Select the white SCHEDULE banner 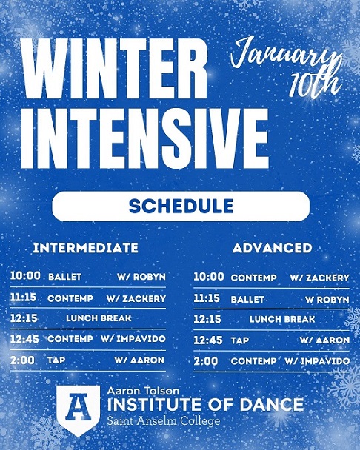tap(180, 206)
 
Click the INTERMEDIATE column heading tap(85, 247)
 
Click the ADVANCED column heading tap(272, 247)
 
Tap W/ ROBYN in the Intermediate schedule tap(141, 277)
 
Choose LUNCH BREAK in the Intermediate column tap(99, 318)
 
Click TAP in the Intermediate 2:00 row tap(56, 360)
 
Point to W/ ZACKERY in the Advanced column tap(319, 278)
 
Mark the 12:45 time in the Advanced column tap(208, 340)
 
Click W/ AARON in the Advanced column tap(324, 340)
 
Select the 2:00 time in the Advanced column tap(206, 360)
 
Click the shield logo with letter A tap(78, 410)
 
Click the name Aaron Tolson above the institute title tap(143, 390)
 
